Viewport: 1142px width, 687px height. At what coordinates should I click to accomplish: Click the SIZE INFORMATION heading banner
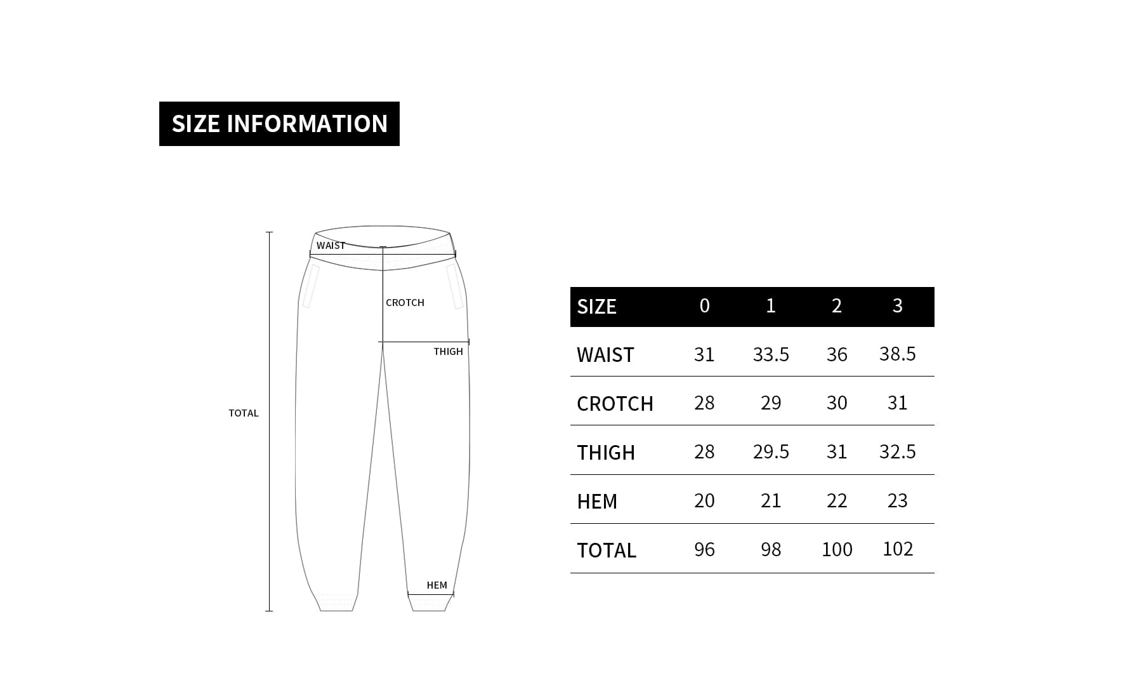279,124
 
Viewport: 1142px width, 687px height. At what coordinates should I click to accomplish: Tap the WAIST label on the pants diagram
331,246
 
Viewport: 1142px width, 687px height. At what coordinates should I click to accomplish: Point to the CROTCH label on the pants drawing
405,303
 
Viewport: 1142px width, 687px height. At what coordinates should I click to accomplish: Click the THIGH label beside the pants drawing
448,352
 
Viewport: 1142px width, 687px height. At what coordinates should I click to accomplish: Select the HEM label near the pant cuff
436,585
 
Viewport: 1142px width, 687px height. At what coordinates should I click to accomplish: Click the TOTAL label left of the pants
244,413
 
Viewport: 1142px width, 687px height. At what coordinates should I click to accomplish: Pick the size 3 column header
897,306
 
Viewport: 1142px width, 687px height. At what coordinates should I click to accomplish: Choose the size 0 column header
704,306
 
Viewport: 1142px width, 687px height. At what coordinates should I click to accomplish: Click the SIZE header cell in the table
596,307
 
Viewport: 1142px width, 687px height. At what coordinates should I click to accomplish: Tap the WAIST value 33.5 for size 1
771,354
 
